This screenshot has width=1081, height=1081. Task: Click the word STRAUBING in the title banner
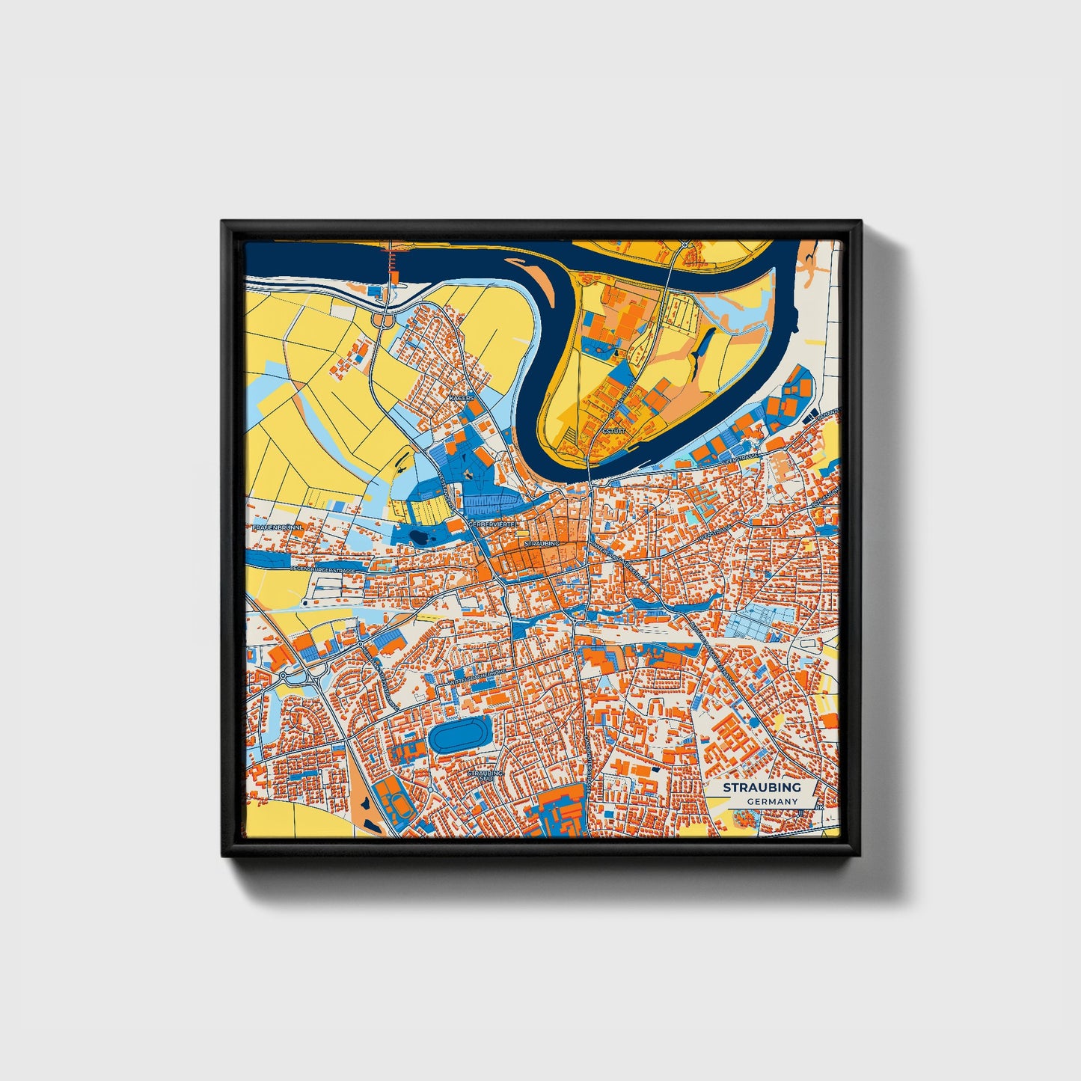[x=762, y=787]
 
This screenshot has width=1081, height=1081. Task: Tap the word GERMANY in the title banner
[x=772, y=802]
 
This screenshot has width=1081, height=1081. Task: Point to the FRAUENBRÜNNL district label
[x=277, y=527]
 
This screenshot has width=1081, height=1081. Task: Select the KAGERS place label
[x=461, y=399]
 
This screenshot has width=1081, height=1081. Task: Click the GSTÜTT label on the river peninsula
[x=612, y=432]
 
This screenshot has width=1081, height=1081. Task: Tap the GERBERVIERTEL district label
[x=494, y=524]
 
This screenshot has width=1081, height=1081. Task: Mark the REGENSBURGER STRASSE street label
[x=323, y=570]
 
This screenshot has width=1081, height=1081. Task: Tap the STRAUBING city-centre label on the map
[x=542, y=543]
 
